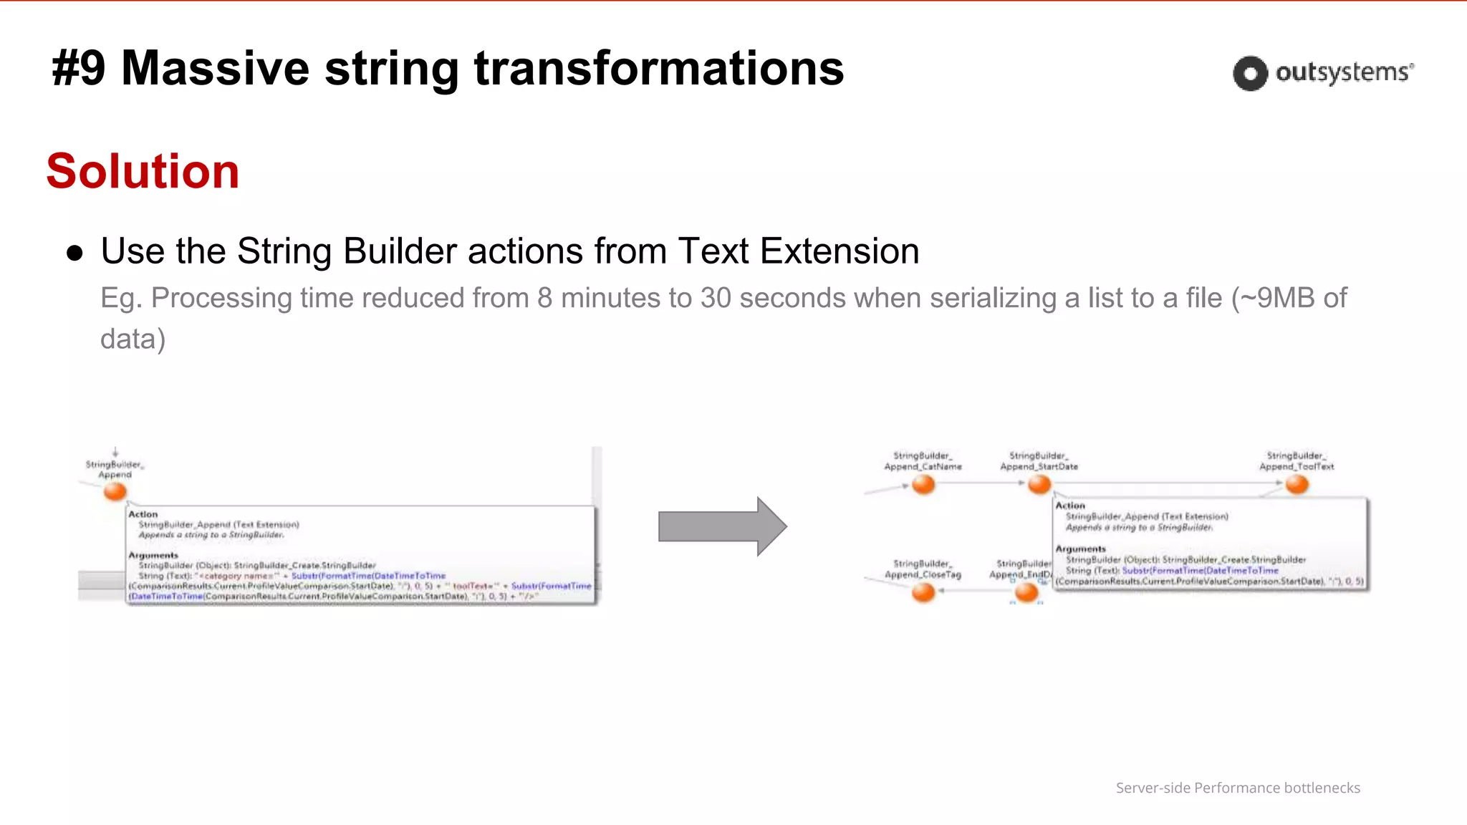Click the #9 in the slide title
click(x=79, y=69)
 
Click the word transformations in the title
click(x=658, y=69)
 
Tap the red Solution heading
click(x=143, y=171)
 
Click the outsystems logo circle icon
click(x=1250, y=73)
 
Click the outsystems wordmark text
click(x=1344, y=72)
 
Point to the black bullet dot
click(x=74, y=253)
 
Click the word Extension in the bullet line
click(x=839, y=251)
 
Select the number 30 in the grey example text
click(x=716, y=298)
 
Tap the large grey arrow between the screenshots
click(x=722, y=526)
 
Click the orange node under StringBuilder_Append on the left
click(x=115, y=491)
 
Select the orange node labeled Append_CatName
click(x=923, y=485)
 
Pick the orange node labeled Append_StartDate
click(x=1039, y=485)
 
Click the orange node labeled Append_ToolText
click(x=1297, y=485)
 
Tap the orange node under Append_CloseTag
click(x=923, y=592)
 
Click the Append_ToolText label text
click(x=1297, y=466)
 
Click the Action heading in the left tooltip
click(x=143, y=514)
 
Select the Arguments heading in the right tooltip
click(x=1080, y=549)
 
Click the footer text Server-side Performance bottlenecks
click(x=1238, y=788)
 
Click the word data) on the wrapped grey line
click(x=133, y=339)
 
